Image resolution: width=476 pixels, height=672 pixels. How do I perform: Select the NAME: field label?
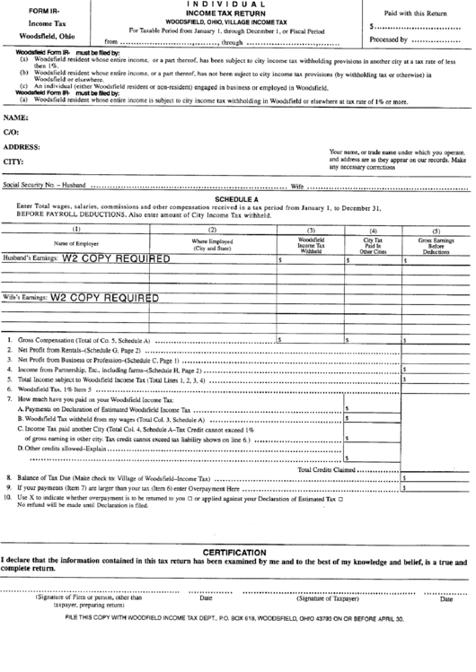(14, 118)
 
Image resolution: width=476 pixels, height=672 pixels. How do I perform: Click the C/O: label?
(12, 132)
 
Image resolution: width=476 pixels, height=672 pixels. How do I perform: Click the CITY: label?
(13, 161)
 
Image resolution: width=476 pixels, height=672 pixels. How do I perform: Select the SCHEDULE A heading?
(237, 199)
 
